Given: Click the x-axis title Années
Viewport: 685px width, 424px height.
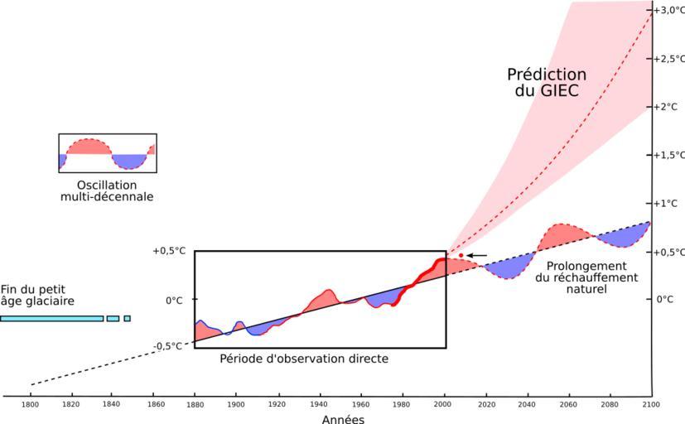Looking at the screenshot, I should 343,419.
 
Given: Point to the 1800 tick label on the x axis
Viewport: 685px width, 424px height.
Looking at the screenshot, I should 31,405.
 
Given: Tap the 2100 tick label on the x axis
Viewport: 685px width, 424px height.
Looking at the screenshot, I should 650,405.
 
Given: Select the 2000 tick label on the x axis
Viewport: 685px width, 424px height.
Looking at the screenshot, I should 445,405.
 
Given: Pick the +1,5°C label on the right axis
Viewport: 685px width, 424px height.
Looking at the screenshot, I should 669,155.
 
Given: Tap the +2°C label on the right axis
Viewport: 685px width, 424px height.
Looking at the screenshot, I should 668,107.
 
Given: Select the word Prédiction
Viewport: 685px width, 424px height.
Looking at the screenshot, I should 546,75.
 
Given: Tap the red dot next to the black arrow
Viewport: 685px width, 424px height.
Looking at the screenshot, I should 461,255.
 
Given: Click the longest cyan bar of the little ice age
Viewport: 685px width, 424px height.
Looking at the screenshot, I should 51,318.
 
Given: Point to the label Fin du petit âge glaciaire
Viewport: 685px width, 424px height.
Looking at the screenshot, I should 37,295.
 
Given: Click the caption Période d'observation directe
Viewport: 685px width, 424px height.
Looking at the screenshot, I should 304,359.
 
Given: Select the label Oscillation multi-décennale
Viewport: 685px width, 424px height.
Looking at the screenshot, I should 107,191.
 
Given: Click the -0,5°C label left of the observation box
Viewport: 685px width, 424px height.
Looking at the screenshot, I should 168,346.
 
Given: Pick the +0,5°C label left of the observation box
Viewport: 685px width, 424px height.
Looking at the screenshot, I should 168,251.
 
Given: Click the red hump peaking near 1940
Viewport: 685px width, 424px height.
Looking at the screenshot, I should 324,299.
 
